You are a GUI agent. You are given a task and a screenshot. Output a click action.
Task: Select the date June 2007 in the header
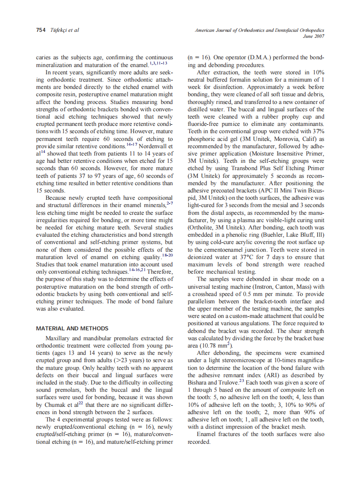tap(314, 37)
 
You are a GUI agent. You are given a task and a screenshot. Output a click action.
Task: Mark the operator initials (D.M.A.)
tap(260, 57)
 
